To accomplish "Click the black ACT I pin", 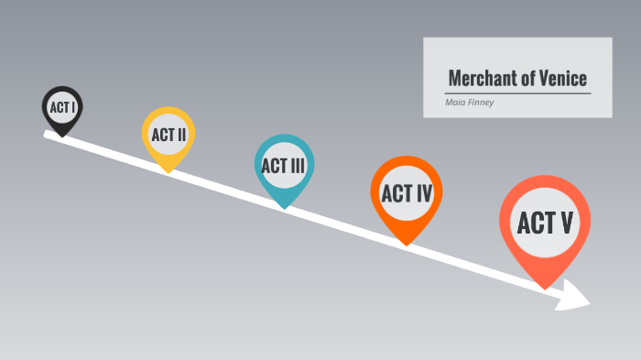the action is click(62, 108).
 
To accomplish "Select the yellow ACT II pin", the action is click(168, 136).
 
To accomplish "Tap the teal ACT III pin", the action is click(284, 166).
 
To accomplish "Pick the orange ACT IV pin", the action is click(407, 193).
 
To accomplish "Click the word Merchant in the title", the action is click(477, 78).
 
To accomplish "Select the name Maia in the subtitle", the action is click(454, 102).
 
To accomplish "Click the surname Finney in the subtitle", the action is click(480, 102).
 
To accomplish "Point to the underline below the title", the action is click(517, 93).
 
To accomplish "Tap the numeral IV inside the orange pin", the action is click(421, 193).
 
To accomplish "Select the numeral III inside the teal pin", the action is click(298, 166).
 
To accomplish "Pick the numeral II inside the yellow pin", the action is click(181, 136).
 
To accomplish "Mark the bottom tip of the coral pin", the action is click(546, 288).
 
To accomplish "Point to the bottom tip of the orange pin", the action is click(407, 244).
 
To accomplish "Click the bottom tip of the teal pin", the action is click(285, 208).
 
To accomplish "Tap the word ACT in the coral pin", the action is click(533, 223).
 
